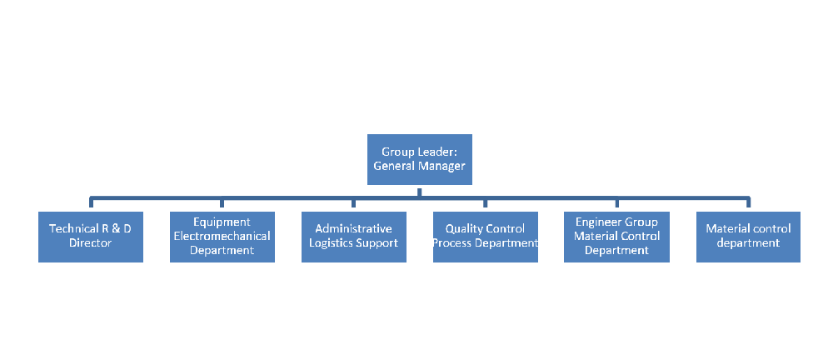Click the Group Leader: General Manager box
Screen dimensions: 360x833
coord(419,159)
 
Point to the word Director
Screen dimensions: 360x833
coord(90,243)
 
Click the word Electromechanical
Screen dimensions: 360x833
coord(222,236)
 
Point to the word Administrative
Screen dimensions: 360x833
coord(353,228)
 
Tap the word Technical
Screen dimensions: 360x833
coord(73,228)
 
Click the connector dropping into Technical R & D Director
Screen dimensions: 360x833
coord(90,204)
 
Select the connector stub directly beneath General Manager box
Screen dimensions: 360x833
coord(419,192)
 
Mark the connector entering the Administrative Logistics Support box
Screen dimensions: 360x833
coord(353,204)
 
